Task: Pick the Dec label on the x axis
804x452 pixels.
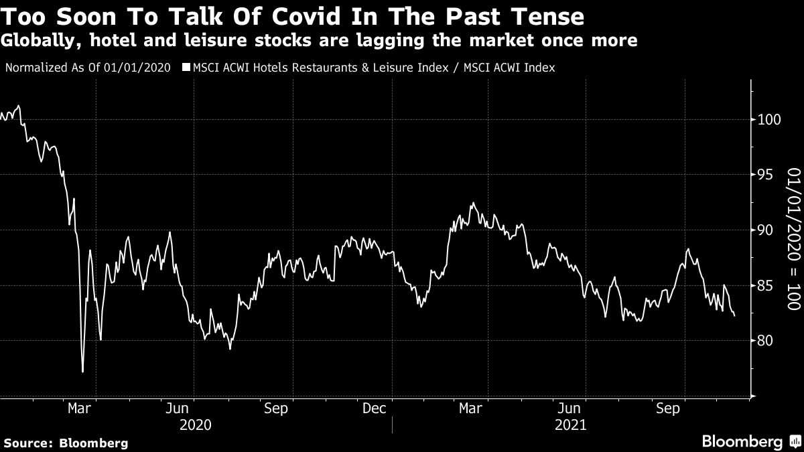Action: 374,408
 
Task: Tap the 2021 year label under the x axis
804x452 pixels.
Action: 570,425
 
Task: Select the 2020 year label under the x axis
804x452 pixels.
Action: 196,425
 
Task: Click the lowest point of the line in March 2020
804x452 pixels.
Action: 82,372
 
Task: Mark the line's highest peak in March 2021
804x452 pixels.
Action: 473,203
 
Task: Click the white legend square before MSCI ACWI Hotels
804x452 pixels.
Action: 186,68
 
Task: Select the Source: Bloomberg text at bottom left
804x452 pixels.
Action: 66,443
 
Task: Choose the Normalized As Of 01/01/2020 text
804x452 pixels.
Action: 87,68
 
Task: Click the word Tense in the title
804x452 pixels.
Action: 543,16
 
